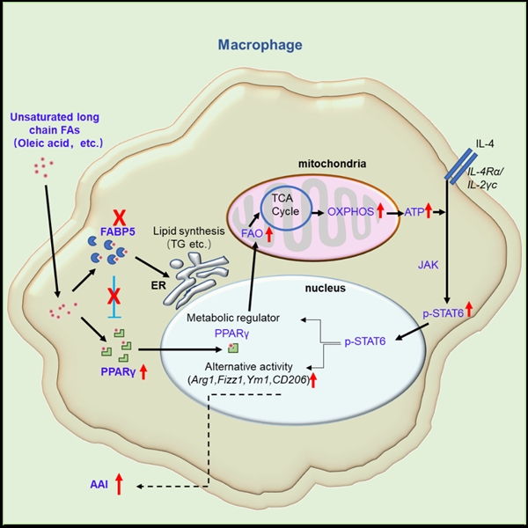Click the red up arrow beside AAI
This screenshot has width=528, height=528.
click(120, 481)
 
